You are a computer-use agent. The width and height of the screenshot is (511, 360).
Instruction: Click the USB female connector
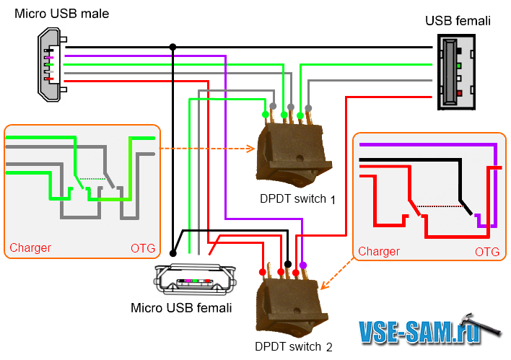click(x=458, y=74)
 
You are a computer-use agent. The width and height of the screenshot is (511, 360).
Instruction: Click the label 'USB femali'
click(x=458, y=21)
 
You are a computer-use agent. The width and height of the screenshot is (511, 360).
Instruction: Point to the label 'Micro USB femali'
click(x=181, y=309)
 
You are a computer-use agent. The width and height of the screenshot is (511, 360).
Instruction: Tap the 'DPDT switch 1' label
click(x=298, y=198)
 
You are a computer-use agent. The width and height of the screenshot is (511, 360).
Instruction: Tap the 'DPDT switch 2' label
click(x=293, y=347)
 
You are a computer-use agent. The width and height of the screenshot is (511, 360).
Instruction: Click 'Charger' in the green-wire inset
click(x=30, y=248)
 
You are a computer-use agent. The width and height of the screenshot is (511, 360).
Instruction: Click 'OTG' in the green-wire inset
click(x=142, y=248)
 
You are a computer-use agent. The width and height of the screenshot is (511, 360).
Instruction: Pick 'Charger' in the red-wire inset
click(x=379, y=252)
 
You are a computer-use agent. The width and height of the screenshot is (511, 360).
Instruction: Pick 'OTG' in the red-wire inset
click(x=487, y=252)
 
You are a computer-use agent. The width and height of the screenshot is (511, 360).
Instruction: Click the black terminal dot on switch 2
click(x=288, y=264)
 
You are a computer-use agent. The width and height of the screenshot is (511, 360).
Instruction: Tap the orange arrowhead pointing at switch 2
click(x=321, y=286)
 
